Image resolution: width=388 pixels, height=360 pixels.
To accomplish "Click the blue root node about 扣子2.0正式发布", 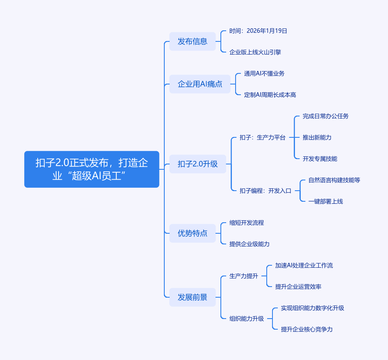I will point(91,169).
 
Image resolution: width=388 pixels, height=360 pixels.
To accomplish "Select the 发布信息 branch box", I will point(192,41).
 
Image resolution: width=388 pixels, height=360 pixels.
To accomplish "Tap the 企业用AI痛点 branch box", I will point(200,84).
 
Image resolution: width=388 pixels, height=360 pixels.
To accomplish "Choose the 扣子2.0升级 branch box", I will point(197,164).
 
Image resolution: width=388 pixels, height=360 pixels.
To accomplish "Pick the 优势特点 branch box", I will point(192,233).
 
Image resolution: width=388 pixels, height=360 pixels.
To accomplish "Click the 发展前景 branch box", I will point(192,297).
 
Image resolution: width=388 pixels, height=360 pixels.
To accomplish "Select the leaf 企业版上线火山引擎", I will point(255,52).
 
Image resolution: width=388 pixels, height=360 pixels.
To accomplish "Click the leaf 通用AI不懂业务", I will point(264,73).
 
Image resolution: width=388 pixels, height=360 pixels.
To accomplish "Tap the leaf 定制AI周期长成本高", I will point(270,95).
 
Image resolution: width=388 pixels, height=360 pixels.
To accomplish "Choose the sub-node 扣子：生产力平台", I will point(262,137).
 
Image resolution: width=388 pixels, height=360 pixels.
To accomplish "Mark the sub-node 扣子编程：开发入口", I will point(265,191).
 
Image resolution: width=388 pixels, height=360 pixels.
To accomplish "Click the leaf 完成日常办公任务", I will point(325,116).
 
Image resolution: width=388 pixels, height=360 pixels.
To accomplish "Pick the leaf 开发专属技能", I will point(320,159).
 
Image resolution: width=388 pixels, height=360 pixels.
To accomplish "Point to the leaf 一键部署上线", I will point(325,201).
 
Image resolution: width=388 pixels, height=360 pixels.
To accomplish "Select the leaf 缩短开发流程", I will point(246,223).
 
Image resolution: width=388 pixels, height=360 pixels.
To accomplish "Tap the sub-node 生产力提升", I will point(243,276).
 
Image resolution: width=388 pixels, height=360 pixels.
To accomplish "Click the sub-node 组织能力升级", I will point(246,319).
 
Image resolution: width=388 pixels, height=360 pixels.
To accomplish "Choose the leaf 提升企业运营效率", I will point(298,287).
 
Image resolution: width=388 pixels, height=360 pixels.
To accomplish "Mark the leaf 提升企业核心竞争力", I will point(306,329).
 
